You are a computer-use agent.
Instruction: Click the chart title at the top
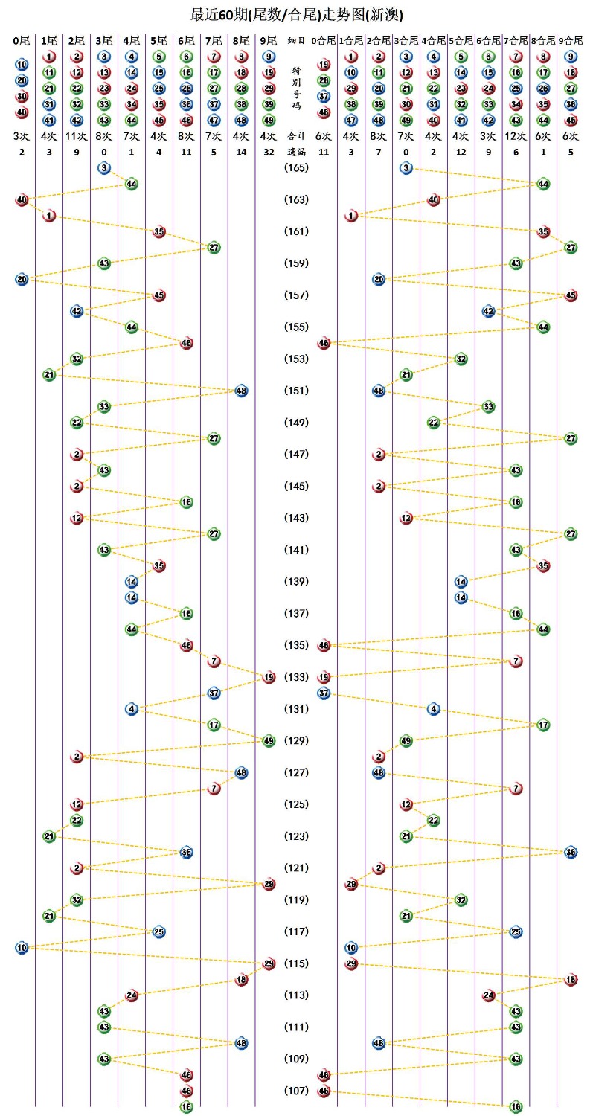pyautogui.click(x=296, y=14)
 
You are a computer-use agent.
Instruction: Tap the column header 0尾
pyautogui.click(x=22, y=40)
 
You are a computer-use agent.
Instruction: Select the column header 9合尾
pyautogui.click(x=571, y=40)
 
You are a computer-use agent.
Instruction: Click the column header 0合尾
pyautogui.click(x=324, y=40)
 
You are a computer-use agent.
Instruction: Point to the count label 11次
pyautogui.click(x=77, y=136)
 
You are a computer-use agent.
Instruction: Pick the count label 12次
pyautogui.click(x=516, y=136)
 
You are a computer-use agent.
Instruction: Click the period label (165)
pyautogui.click(x=296, y=168)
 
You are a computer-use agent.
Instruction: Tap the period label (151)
pyautogui.click(x=296, y=391)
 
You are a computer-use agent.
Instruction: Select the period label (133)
pyautogui.click(x=296, y=677)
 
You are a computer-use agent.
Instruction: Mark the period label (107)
pyautogui.click(x=296, y=1091)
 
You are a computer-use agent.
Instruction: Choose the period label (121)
pyautogui.click(x=296, y=868)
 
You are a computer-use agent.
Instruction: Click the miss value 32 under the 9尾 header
pyautogui.click(x=269, y=152)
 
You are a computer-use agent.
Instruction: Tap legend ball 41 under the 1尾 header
pyautogui.click(x=49, y=120)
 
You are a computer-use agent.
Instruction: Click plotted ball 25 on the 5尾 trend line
pyautogui.click(x=158, y=931)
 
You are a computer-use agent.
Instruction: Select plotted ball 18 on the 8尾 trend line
pyautogui.click(x=241, y=980)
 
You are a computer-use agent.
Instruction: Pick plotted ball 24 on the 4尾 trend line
pyautogui.click(x=132, y=995)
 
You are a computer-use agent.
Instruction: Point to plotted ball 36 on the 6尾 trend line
pyautogui.click(x=186, y=852)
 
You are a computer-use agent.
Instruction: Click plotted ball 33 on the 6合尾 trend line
pyautogui.click(x=488, y=407)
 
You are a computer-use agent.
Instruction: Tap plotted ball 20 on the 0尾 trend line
pyautogui.click(x=22, y=279)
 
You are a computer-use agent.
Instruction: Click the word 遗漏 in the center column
pyautogui.click(x=296, y=152)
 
